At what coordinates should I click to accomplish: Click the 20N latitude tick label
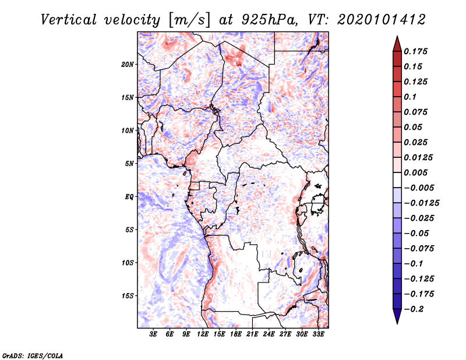click(128, 65)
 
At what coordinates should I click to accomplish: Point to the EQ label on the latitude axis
click(129, 197)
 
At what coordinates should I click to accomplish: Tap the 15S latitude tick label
click(128, 296)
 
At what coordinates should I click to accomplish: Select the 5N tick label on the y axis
click(129, 164)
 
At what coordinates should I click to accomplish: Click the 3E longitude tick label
click(153, 334)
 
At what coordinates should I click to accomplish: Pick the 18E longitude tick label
click(236, 334)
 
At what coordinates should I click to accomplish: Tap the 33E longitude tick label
click(318, 334)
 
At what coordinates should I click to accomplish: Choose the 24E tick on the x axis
click(269, 334)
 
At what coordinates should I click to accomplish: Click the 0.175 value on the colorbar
click(415, 51)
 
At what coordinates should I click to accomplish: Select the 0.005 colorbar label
click(415, 172)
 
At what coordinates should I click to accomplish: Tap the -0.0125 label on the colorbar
click(422, 203)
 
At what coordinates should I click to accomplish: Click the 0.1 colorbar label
click(410, 97)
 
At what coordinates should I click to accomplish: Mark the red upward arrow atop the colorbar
click(397, 44)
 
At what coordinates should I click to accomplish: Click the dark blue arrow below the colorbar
click(397, 316)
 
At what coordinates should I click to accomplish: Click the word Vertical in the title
click(69, 20)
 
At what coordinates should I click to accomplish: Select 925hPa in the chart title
click(269, 20)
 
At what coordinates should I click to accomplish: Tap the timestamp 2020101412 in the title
click(382, 20)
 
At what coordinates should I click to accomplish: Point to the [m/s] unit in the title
click(189, 20)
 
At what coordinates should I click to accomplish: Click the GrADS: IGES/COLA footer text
click(33, 355)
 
